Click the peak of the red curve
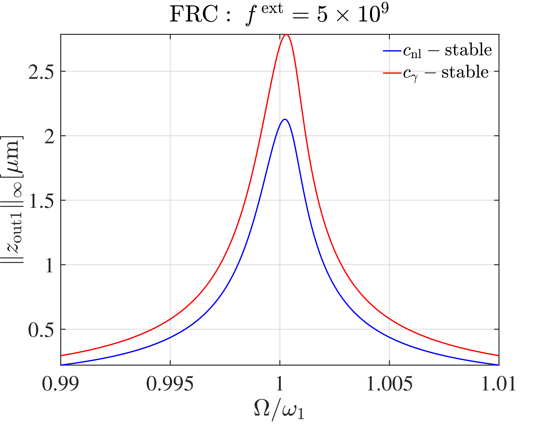pyautogui.click(x=286, y=35)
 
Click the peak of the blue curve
pyautogui.click(x=285, y=119)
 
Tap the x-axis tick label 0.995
pyautogui.click(x=170, y=384)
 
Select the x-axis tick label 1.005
pyautogui.click(x=389, y=384)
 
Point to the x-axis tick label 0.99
pyautogui.click(x=60, y=384)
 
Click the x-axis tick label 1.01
pyautogui.click(x=499, y=384)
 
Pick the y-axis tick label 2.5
pyautogui.click(x=41, y=72)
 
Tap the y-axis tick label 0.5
pyautogui.click(x=41, y=330)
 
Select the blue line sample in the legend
pyautogui.click(x=392, y=51)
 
